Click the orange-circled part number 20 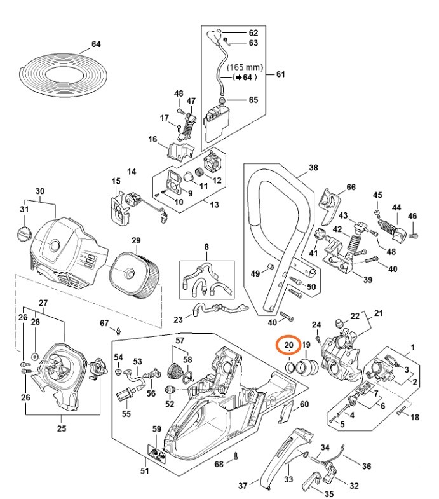288,345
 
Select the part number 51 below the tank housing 144,471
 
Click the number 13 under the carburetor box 214,205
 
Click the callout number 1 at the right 413,347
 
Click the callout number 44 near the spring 396,208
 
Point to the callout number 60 304,404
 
